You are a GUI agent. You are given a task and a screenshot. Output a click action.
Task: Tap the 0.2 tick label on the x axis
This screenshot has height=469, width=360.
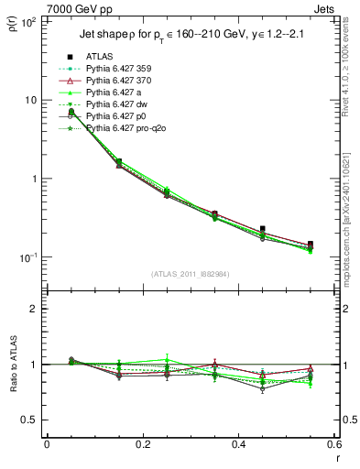point(143,445)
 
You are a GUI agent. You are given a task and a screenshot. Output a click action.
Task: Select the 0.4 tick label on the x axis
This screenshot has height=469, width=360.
point(239,445)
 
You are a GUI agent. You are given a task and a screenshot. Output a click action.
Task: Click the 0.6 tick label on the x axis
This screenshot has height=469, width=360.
point(333,445)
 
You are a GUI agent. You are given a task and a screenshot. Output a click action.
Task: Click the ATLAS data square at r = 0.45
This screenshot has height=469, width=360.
point(263,229)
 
